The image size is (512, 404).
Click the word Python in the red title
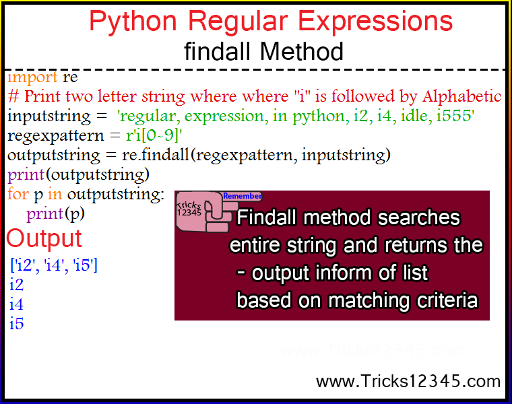(x=133, y=22)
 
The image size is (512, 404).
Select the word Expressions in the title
(x=375, y=22)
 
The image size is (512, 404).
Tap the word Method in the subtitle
(x=301, y=52)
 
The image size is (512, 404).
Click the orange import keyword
(x=32, y=77)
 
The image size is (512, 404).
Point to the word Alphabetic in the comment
(x=461, y=96)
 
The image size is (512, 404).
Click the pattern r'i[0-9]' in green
(x=154, y=135)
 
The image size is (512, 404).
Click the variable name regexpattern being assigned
(x=55, y=136)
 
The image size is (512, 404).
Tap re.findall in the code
(x=156, y=155)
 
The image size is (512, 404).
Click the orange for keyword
(x=18, y=193)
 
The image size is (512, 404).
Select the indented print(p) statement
(x=55, y=214)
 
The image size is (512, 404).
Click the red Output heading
(x=44, y=238)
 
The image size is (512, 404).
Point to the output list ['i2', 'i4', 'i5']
(x=54, y=265)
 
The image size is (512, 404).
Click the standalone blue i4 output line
(x=16, y=304)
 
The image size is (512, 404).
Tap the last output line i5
(x=16, y=323)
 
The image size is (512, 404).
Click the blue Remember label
(x=242, y=196)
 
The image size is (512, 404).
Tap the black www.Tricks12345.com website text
(x=408, y=381)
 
